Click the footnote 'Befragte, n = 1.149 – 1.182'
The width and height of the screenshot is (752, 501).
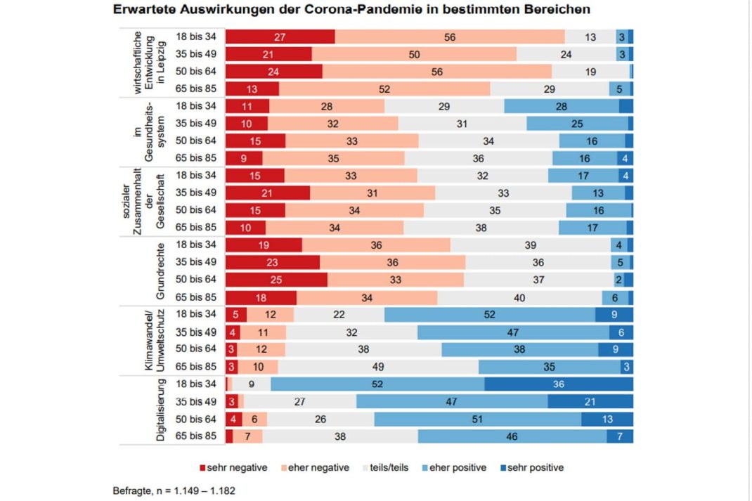[x=174, y=490]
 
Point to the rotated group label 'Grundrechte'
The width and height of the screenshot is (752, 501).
[x=160, y=271]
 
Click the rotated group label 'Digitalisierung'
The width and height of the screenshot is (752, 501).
[x=160, y=410]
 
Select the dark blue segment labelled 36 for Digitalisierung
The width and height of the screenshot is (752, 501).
[x=559, y=384]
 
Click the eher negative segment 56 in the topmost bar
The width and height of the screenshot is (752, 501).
[x=450, y=37]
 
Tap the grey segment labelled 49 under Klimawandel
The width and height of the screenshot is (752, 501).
[x=378, y=367]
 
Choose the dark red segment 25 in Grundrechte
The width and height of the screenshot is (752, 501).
[x=276, y=280]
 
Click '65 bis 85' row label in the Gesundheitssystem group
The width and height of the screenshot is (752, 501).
[x=196, y=158]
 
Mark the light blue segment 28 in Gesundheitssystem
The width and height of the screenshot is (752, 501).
[x=561, y=105]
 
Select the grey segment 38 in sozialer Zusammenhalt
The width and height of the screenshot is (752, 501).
[x=481, y=228]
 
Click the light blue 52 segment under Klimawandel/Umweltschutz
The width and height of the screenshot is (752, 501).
[x=490, y=315]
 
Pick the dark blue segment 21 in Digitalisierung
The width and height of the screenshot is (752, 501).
[x=590, y=401]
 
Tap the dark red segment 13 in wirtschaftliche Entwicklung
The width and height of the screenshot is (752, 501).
[x=252, y=89]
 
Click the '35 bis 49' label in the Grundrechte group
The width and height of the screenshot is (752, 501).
[x=196, y=262]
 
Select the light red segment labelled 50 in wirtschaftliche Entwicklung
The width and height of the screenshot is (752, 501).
[x=414, y=54]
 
